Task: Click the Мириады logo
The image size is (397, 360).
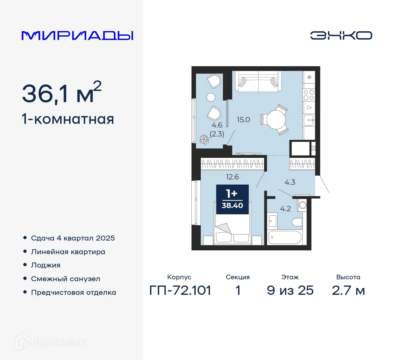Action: pyautogui.click(x=77, y=35)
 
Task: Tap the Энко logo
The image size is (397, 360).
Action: pyautogui.click(x=341, y=35)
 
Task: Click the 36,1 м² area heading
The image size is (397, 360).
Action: pyautogui.click(x=61, y=92)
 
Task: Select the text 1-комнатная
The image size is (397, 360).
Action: pyautogui.click(x=68, y=119)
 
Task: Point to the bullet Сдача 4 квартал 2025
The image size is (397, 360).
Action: pyautogui.click(x=73, y=238)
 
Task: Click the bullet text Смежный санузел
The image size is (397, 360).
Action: pyautogui.click(x=65, y=279)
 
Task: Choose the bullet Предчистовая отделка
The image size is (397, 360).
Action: pyautogui.click(x=74, y=292)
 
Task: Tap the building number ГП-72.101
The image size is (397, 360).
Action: pyautogui.click(x=180, y=290)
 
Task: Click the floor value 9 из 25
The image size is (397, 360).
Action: pyautogui.click(x=290, y=290)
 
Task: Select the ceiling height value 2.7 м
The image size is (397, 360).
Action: pyautogui.click(x=348, y=290)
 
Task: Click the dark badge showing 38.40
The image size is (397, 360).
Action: pyautogui.click(x=232, y=199)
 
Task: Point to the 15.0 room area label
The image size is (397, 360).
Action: pyautogui.click(x=243, y=119)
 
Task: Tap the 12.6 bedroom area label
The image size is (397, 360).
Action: pyautogui.click(x=232, y=177)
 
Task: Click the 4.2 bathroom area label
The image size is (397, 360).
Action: pyautogui.click(x=285, y=209)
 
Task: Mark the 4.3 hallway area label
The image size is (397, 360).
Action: pyautogui.click(x=290, y=182)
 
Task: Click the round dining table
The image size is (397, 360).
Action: pyautogui.click(x=276, y=120)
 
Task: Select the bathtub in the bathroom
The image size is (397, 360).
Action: pyautogui.click(x=284, y=237)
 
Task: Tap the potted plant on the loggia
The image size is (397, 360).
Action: pyautogui.click(x=204, y=140)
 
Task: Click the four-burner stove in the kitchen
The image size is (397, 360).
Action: pyautogui.click(x=309, y=95)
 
